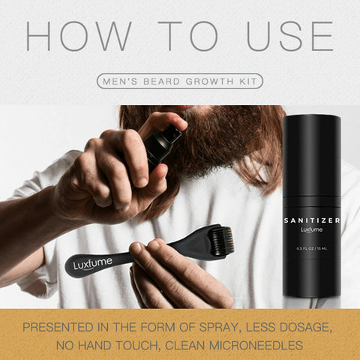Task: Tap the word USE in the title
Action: pos(290,36)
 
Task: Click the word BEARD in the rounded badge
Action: pos(161,82)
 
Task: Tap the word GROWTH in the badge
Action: pos(209,82)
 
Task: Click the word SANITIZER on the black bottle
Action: pos(312,220)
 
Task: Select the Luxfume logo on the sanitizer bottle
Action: pos(311,229)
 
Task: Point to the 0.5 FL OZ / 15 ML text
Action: pos(312,248)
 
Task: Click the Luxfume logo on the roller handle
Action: pos(93,263)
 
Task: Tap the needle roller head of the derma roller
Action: pos(220,241)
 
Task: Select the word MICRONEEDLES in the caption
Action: pos(256,346)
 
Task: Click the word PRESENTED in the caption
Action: pos(58,327)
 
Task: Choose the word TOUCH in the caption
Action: pos(137,346)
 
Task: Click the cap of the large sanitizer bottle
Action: pos(311,155)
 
